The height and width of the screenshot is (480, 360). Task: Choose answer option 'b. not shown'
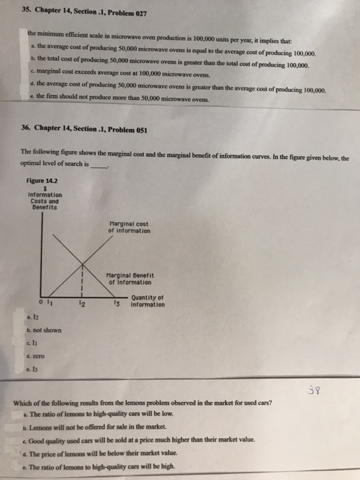[x=44, y=330]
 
